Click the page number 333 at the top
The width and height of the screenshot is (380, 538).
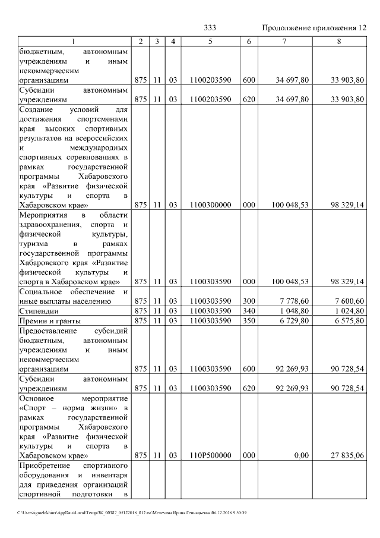210,28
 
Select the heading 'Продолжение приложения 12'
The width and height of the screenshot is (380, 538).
314,28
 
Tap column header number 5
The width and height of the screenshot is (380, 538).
210,41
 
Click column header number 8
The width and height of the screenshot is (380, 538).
338,41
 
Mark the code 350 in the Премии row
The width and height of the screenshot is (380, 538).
249,320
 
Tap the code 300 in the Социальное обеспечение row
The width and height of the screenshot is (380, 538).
249,300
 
